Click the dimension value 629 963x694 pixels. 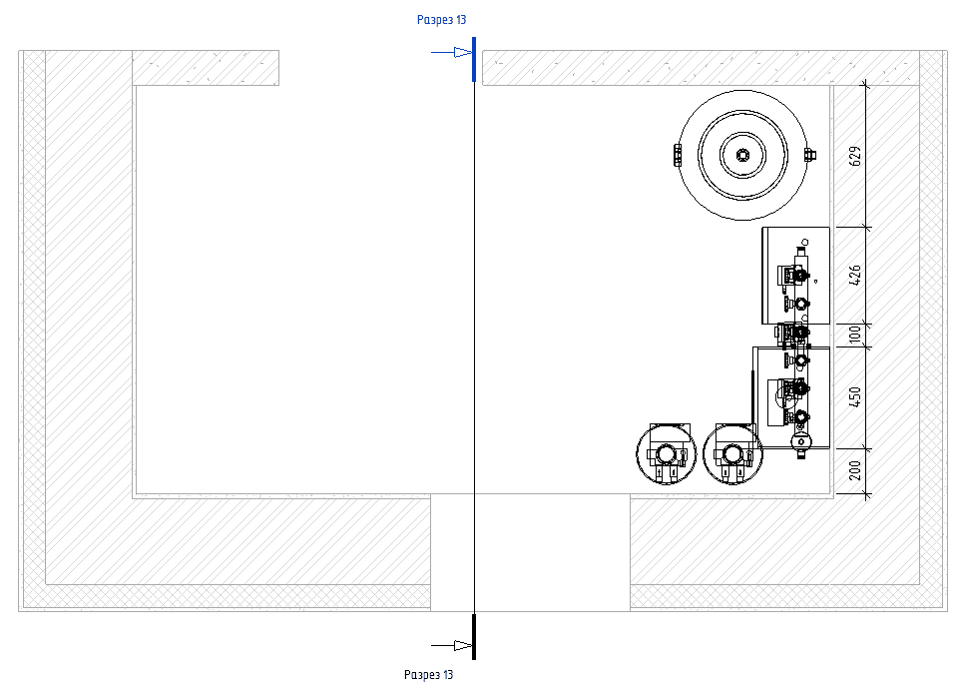855,156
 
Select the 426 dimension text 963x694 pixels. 855,275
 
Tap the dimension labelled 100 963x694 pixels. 855,335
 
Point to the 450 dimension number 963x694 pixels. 855,397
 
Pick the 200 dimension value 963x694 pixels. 855,471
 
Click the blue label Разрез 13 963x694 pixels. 441,20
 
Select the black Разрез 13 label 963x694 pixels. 429,675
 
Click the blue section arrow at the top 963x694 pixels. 451,52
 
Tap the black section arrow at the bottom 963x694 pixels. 451,645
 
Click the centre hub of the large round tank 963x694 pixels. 742,155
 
